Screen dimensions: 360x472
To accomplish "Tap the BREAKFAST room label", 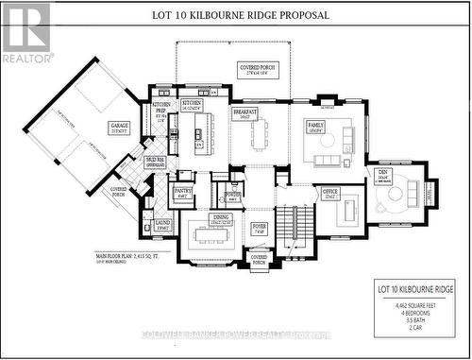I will [x=246, y=113].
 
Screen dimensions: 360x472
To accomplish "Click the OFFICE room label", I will [x=329, y=193].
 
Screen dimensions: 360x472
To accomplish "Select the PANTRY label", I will [x=182, y=192].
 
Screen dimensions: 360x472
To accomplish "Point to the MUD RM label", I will [x=155, y=162].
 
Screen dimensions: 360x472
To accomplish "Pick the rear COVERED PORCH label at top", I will [x=256, y=71].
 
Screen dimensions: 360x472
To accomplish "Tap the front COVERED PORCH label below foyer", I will [x=260, y=258].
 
